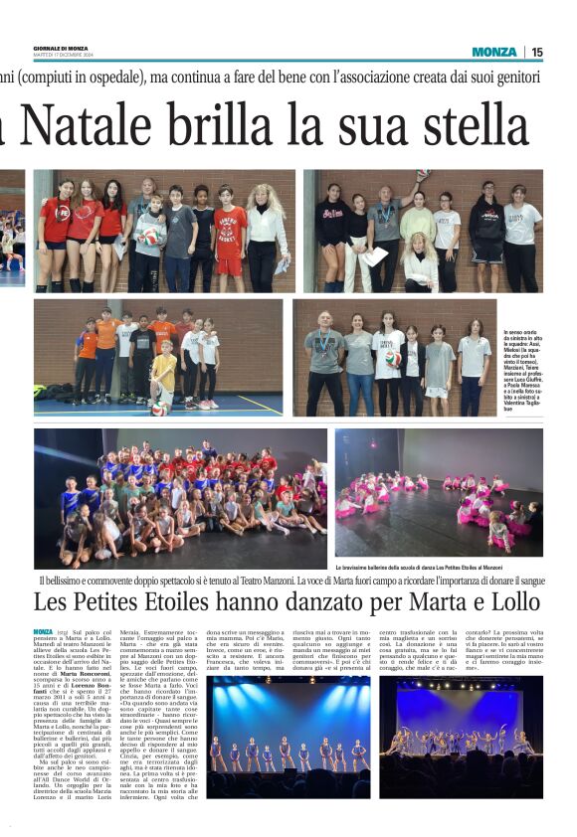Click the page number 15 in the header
pyautogui.click(x=537, y=52)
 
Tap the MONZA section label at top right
pyautogui.click(x=494, y=52)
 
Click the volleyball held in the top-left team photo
pyautogui.click(x=150, y=237)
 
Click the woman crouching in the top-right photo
pyautogui.click(x=419, y=262)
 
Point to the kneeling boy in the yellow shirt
pyautogui.click(x=165, y=377)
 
